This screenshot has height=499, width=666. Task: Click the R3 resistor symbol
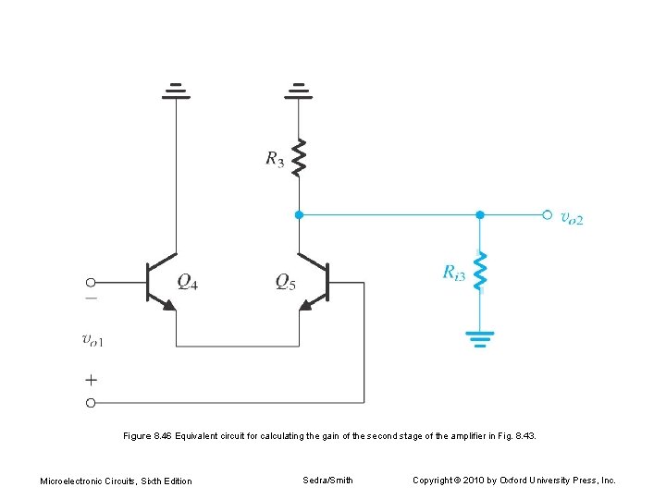[298, 157]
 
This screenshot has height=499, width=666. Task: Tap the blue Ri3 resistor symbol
[479, 272]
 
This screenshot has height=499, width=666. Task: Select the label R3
[275, 159]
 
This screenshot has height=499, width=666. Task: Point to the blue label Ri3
[453, 273]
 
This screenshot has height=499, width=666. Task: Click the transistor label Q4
[187, 282]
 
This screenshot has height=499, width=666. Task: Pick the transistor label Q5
[286, 282]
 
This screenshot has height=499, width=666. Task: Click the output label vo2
[573, 218]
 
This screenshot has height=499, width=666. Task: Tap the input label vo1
[93, 340]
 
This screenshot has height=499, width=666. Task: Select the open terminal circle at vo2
[547, 214]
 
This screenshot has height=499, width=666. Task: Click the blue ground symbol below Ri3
[479, 338]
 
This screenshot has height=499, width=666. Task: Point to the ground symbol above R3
[298, 91]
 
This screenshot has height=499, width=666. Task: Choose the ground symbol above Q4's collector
[176, 91]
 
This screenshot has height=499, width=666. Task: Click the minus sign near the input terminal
[91, 298]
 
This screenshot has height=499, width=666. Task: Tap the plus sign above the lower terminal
[91, 379]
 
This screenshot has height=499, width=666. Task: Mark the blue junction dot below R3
[298, 214]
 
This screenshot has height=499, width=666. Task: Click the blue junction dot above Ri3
[479, 214]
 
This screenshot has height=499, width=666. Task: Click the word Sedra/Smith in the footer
[327, 480]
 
